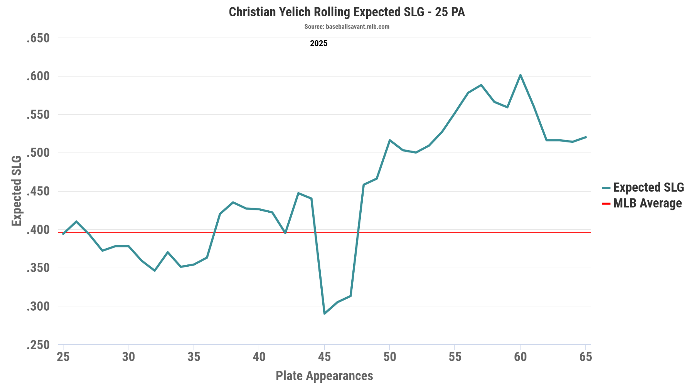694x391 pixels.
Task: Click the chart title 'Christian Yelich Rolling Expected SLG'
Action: pyautogui.click(x=347, y=12)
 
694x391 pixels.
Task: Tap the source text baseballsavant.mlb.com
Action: pyautogui.click(x=347, y=27)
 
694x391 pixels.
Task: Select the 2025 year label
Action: pyautogui.click(x=318, y=44)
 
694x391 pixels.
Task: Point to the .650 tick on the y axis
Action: pyautogui.click(x=38, y=38)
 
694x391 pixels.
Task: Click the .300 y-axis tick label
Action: pyautogui.click(x=38, y=306)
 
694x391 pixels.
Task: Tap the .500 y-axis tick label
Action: pyautogui.click(x=38, y=153)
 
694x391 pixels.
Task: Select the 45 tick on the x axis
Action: pyautogui.click(x=324, y=357)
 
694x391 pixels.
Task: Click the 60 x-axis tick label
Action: pyautogui.click(x=520, y=357)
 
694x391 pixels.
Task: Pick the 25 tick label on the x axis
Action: pyautogui.click(x=63, y=357)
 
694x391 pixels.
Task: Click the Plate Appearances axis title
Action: pyautogui.click(x=324, y=376)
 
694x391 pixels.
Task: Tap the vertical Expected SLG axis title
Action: pyautogui.click(x=17, y=191)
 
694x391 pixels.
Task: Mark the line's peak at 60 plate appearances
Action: pyautogui.click(x=520, y=75)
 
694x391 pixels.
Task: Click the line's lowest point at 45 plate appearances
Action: pyautogui.click(x=324, y=313)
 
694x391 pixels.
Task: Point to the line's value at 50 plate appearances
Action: pyautogui.click(x=390, y=140)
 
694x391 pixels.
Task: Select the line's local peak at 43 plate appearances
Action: pyautogui.click(x=298, y=193)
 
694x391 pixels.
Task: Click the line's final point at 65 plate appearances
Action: pyautogui.click(x=585, y=137)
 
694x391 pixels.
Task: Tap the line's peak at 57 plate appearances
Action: pyautogui.click(x=481, y=85)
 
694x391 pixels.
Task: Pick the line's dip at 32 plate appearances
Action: pyautogui.click(x=155, y=271)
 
